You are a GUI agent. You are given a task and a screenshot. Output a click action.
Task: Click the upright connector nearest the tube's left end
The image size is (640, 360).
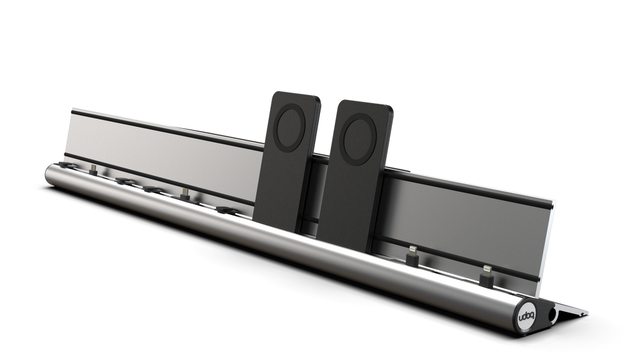(x=92, y=169)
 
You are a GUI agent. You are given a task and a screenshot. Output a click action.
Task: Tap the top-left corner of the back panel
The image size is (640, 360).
(x=71, y=108)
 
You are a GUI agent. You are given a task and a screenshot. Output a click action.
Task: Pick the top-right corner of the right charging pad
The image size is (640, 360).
(x=394, y=107)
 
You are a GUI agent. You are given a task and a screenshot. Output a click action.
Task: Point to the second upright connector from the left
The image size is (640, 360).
(x=184, y=193)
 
